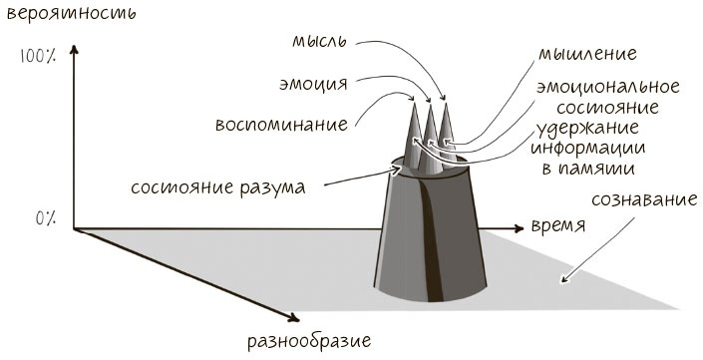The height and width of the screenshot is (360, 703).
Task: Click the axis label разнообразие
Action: tap(308, 341)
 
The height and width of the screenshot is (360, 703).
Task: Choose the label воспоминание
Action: tap(282, 126)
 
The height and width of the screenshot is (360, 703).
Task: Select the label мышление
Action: tap(587, 52)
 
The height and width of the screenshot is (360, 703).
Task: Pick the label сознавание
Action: tap(642, 199)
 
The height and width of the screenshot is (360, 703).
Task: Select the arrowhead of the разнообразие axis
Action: tap(295, 318)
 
